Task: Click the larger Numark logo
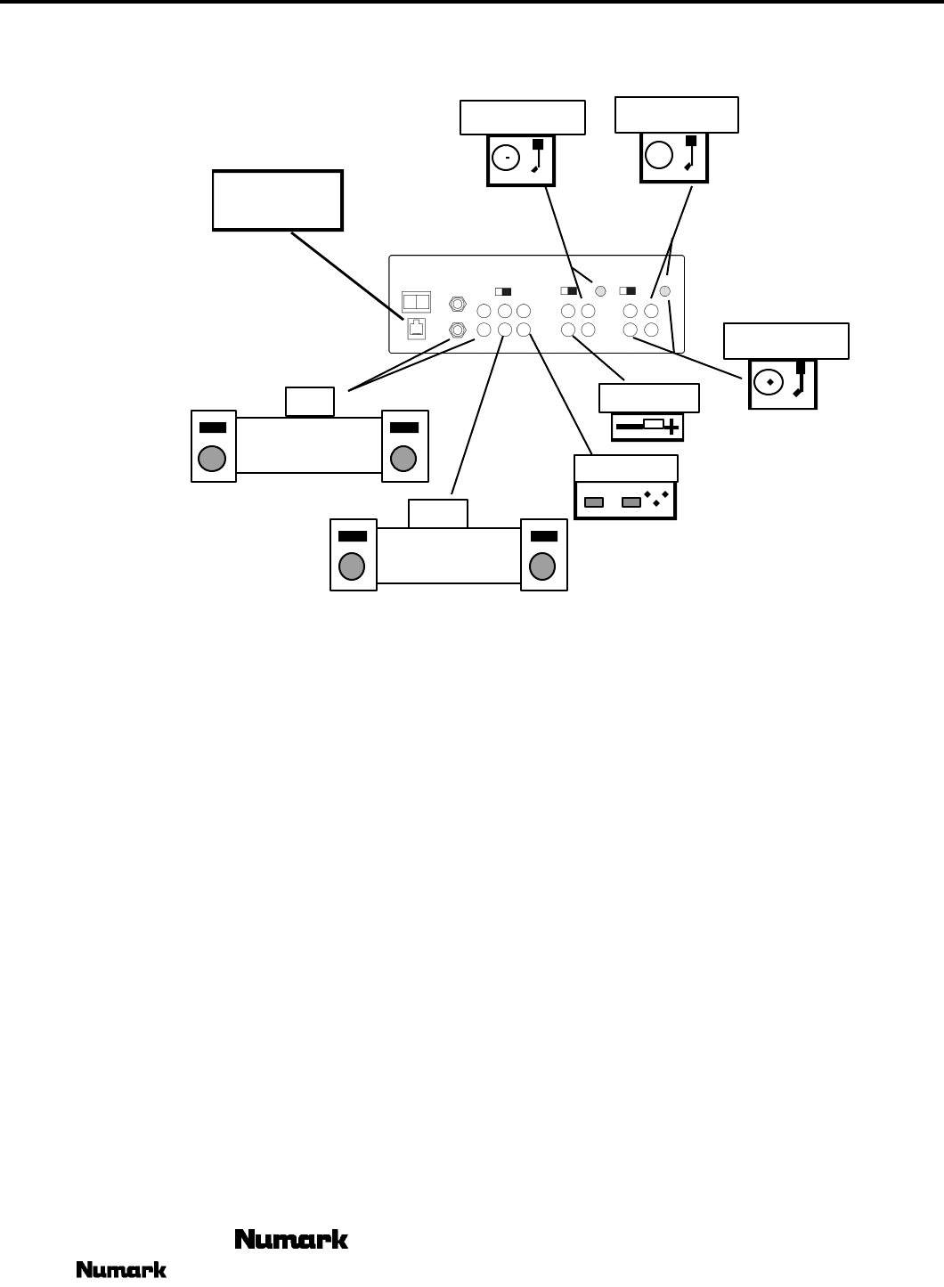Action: tap(291, 1239)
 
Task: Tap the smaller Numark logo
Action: tap(121, 1270)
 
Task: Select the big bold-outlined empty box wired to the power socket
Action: tap(278, 200)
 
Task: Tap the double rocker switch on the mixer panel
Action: tap(417, 302)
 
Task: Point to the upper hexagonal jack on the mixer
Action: tap(458, 305)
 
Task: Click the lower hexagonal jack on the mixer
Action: tap(458, 330)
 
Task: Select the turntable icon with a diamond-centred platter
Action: tap(783, 384)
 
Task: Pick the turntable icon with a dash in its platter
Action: tap(521, 160)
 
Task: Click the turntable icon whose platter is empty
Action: tap(674, 158)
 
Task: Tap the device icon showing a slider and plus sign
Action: tap(647, 427)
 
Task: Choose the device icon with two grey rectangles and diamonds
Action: tap(625, 501)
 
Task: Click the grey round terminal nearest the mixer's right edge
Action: tap(664, 291)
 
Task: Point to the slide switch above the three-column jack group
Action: tap(503, 291)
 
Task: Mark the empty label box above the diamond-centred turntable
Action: tap(786, 341)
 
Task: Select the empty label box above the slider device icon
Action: tap(649, 398)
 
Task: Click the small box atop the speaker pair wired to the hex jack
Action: tap(310, 402)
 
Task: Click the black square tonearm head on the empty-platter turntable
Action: tap(690, 141)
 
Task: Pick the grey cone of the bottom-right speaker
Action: tap(542, 566)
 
